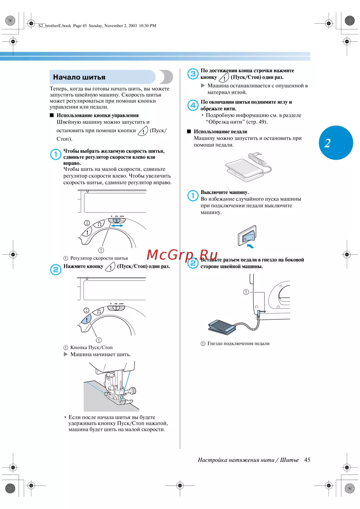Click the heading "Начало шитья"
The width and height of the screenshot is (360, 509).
(x=79, y=77)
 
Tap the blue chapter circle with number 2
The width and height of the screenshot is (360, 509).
(x=336, y=143)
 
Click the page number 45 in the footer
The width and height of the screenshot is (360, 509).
(x=307, y=460)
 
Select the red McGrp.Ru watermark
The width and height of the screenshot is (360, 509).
(x=182, y=255)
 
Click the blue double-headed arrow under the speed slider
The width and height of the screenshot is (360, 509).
(x=117, y=226)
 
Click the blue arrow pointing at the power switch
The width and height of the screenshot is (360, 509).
(x=251, y=246)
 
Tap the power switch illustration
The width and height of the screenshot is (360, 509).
(x=247, y=236)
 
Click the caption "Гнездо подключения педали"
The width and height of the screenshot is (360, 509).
(x=238, y=344)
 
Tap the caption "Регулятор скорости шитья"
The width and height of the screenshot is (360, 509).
(x=99, y=258)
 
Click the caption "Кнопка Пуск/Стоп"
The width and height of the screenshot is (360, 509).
(x=91, y=347)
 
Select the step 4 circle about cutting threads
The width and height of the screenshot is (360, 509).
(x=193, y=105)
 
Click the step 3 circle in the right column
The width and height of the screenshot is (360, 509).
(x=193, y=74)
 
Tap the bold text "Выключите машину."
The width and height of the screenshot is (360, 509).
(x=224, y=192)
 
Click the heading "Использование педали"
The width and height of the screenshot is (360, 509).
(x=220, y=132)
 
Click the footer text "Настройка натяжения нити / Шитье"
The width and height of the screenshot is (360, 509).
(x=248, y=460)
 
